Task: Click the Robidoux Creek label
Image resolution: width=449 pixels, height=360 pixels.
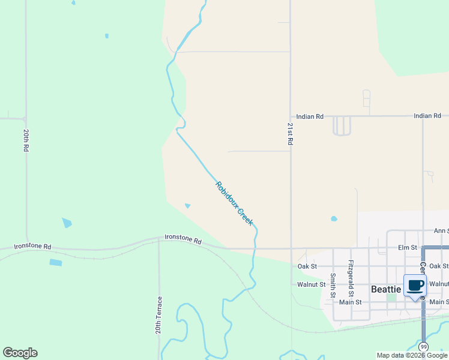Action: point(234,203)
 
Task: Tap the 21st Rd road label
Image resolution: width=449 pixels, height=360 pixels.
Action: point(290,134)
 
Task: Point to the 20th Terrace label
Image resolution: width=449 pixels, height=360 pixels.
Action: point(160,315)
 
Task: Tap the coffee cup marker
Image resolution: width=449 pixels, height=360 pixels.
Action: point(415,285)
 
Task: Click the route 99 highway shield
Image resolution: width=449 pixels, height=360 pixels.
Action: point(424,347)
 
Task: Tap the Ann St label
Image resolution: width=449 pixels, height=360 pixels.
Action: point(441,230)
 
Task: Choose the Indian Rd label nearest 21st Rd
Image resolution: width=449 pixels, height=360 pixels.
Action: point(310,116)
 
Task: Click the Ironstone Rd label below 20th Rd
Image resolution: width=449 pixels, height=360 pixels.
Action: point(33,246)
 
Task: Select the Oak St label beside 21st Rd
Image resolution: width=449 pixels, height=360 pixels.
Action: point(307,266)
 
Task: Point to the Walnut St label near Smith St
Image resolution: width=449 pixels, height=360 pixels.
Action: point(312,284)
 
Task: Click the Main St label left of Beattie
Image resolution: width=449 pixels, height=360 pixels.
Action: point(349,302)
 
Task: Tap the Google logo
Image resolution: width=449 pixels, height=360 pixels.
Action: point(20,353)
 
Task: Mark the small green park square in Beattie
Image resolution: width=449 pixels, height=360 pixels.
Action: point(392,297)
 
